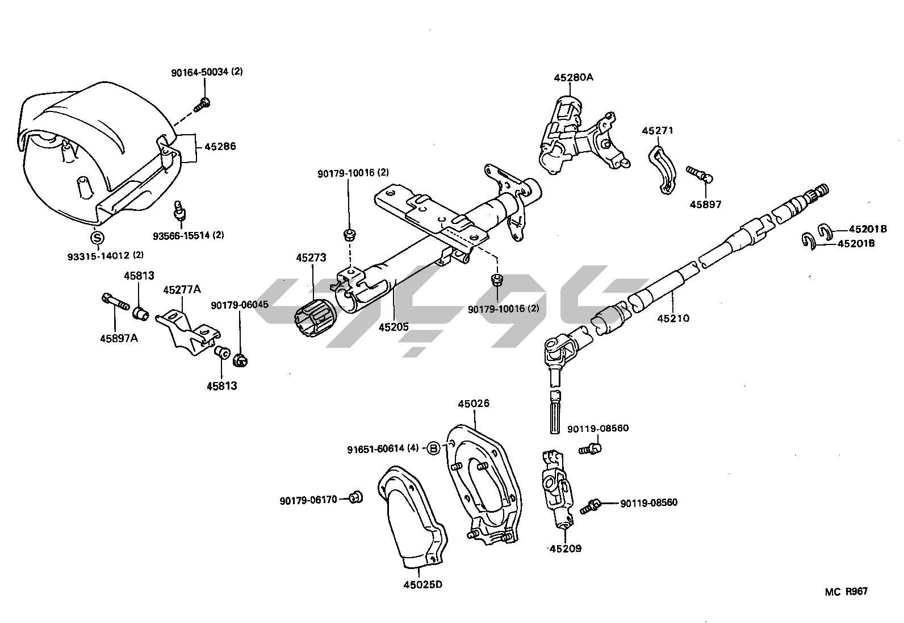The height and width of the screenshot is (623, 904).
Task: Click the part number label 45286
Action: pos(220,147)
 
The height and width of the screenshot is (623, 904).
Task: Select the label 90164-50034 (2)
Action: pos(207,72)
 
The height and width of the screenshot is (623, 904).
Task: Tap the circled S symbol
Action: pos(98,238)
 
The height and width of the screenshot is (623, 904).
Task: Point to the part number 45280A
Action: pos(574,77)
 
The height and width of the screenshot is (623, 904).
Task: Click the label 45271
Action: pos(658,131)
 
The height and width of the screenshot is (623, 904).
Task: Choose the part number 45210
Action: pos(673,318)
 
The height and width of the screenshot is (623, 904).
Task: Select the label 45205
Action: pos(394,327)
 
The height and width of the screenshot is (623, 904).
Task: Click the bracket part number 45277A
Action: pos(182,290)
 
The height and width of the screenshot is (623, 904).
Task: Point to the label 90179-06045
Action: pos(240,305)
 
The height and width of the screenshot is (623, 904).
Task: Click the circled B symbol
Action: pos(433,448)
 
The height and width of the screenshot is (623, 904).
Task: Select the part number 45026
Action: pos(474,404)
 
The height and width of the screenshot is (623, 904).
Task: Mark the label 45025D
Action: pos(422,584)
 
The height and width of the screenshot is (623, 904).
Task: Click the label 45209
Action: pos(566,549)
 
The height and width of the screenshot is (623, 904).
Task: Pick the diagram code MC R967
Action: pos(846,592)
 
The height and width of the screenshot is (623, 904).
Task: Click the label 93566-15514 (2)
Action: pos(188,235)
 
